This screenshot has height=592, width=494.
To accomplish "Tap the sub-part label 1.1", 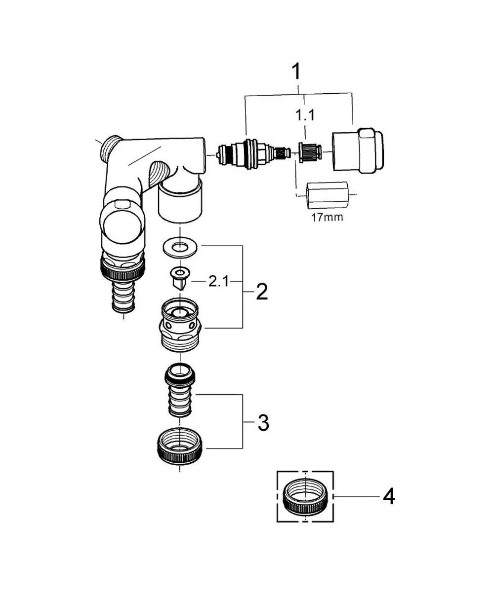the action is point(305,115).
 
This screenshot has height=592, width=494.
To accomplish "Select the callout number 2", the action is point(262,292).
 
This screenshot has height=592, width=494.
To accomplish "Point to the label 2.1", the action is point(218,282).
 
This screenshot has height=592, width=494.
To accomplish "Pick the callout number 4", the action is point(389,496).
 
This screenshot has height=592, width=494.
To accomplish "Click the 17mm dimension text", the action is point(328,218).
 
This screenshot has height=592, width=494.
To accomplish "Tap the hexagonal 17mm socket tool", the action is point(327,196).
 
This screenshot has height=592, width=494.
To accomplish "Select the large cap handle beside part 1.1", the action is point(358,150).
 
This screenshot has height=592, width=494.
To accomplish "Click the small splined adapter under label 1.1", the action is point(309,152).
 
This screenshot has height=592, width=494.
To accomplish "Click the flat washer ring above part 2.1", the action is point(180,248).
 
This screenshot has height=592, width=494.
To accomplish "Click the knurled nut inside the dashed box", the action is point(305,496).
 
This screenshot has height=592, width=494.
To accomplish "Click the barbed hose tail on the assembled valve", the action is point(123,297).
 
